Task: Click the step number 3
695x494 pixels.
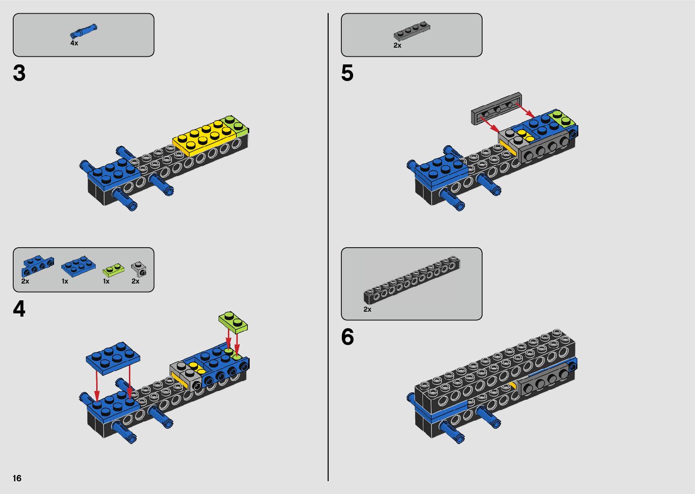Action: [20, 73]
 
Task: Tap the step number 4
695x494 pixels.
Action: [20, 309]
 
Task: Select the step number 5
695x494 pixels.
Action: [347, 73]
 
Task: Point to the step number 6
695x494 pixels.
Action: [347, 337]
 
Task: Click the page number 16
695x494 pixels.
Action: [17, 478]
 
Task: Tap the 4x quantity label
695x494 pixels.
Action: [74, 43]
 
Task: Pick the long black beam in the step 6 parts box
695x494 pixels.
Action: [412, 279]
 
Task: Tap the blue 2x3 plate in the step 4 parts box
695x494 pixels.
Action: [78, 266]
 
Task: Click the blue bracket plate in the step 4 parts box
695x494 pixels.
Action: [37, 266]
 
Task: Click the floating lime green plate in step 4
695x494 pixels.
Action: [233, 322]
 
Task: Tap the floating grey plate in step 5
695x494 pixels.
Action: [496, 109]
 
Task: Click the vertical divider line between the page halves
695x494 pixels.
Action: [328, 247]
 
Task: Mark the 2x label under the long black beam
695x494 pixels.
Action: [367, 309]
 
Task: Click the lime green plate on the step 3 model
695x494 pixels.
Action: [236, 124]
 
